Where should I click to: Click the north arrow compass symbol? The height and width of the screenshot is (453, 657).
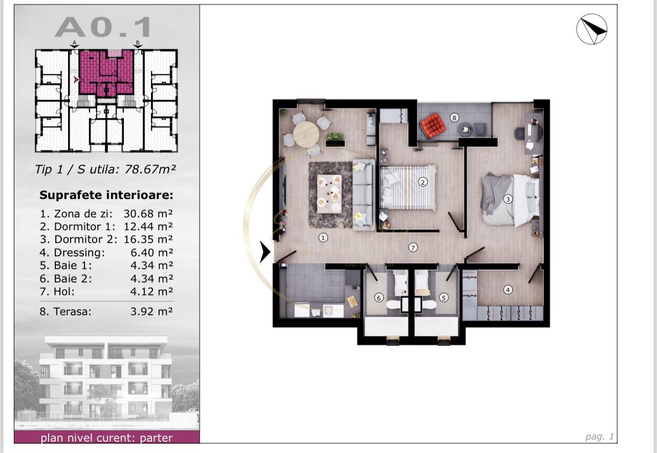click(x=592, y=29)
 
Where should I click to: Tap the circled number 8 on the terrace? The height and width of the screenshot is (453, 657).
click(x=454, y=118)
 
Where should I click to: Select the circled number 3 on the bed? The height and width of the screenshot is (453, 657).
click(x=508, y=199)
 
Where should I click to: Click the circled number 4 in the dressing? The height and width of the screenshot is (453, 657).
click(x=508, y=290)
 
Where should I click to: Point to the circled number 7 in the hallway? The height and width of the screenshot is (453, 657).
click(x=413, y=248)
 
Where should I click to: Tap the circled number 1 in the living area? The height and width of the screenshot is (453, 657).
click(x=323, y=237)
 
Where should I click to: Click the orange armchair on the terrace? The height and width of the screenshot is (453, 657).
click(x=432, y=125)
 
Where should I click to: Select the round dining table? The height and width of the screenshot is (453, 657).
click(x=306, y=134)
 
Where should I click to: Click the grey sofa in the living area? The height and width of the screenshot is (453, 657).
click(x=363, y=193)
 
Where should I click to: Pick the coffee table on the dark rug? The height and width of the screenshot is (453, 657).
click(x=328, y=193)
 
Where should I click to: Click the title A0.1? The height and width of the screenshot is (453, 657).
click(x=103, y=27)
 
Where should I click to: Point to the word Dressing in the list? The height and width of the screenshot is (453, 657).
click(x=79, y=252)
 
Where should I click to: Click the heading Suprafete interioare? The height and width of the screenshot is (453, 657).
click(x=106, y=195)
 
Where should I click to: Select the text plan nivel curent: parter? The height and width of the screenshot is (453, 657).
click(x=106, y=438)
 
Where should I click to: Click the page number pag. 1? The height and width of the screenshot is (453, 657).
click(x=599, y=436)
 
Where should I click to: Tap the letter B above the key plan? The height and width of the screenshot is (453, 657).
click(x=138, y=42)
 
